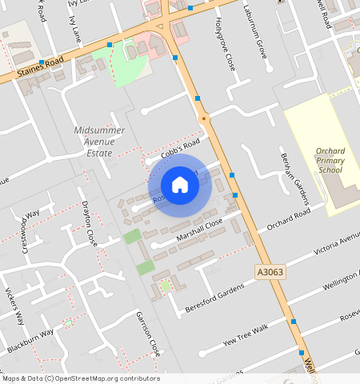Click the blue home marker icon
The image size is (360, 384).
(180, 185)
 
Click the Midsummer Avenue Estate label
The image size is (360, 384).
(99, 141)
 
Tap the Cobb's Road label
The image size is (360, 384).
(177, 150)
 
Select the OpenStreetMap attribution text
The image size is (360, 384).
(80, 378)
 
